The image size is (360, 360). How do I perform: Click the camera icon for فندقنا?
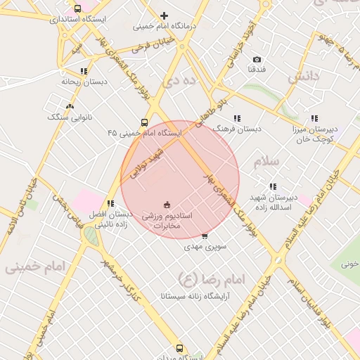257,60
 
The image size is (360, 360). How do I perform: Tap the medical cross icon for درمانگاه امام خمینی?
164,15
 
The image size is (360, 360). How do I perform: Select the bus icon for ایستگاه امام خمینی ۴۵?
144,122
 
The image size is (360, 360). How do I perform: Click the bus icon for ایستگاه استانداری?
77,9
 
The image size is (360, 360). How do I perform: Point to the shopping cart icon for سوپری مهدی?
205,236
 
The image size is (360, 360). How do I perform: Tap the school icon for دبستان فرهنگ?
237,119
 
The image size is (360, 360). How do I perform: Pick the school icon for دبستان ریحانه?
84,71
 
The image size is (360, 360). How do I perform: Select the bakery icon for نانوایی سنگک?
69,106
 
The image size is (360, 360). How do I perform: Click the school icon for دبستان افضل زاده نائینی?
110,203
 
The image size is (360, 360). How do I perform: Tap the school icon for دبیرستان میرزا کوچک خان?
314,119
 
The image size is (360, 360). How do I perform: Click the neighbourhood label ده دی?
177,82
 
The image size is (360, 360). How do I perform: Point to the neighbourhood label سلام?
267,162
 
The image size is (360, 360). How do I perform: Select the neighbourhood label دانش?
304,75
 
